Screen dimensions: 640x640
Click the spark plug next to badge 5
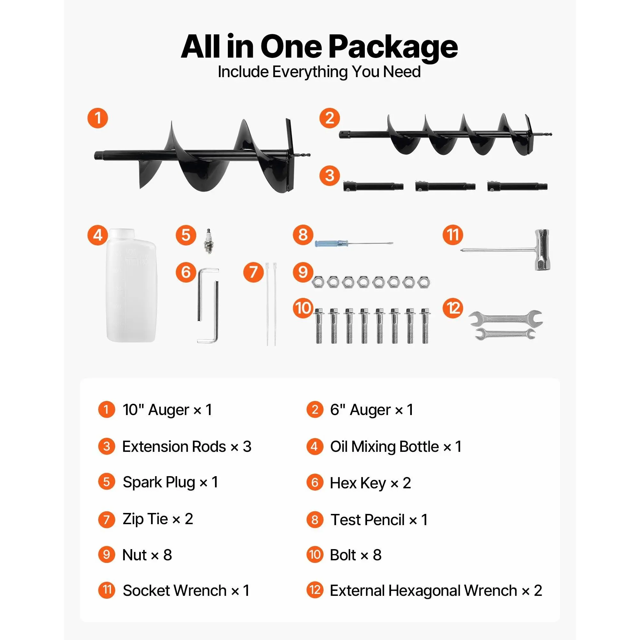(x=208, y=241)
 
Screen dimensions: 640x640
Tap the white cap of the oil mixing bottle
(x=122, y=234)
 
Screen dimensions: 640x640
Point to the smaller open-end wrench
(x=505, y=333)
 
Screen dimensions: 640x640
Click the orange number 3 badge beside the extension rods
(x=329, y=176)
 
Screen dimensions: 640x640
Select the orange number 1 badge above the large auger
(x=98, y=118)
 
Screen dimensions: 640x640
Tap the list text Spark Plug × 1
(x=170, y=482)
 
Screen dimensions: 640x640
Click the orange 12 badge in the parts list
(x=315, y=590)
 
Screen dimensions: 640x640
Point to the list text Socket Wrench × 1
(x=186, y=590)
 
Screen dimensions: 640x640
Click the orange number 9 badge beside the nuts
(x=303, y=272)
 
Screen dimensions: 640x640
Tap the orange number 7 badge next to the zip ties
(x=253, y=272)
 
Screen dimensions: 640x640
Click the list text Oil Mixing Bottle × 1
(x=396, y=446)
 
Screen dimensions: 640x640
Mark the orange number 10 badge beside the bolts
(x=303, y=308)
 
